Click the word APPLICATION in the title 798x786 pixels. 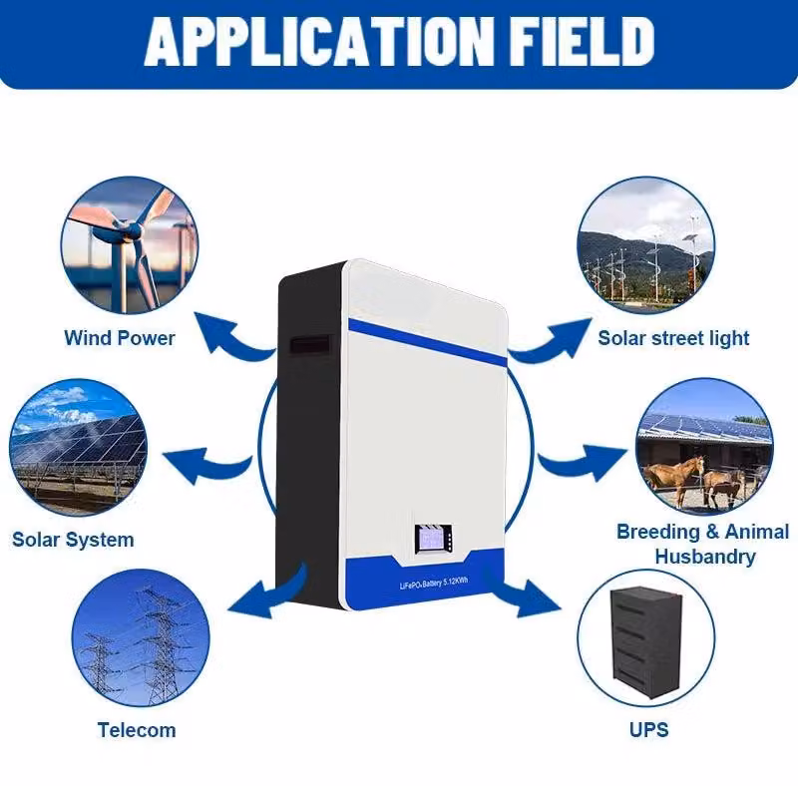(x=318, y=42)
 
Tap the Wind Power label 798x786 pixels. (x=120, y=338)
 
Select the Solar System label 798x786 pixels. (x=73, y=540)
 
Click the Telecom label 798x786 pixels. (x=137, y=730)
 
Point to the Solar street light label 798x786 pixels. (x=673, y=338)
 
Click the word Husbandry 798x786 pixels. (x=705, y=557)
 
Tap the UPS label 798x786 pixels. (x=649, y=730)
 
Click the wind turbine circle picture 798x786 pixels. (x=130, y=246)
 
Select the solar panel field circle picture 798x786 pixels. (x=79, y=448)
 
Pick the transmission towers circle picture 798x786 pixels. (x=141, y=637)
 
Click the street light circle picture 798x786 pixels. (x=646, y=246)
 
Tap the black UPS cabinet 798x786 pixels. (x=645, y=642)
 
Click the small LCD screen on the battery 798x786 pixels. (x=434, y=539)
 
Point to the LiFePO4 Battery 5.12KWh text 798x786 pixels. (x=434, y=583)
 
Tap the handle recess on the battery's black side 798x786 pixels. (x=310, y=345)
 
